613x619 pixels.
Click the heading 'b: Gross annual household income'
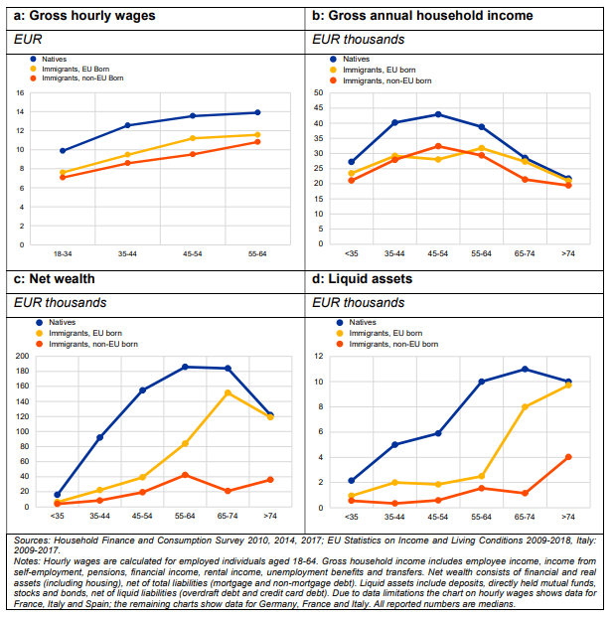tap(421, 16)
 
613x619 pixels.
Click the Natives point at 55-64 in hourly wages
tap(257, 112)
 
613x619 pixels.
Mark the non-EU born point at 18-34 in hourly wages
tap(63, 177)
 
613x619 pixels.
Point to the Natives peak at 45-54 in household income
tap(438, 114)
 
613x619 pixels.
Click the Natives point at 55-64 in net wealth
tap(185, 367)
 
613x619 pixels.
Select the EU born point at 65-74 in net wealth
tap(228, 392)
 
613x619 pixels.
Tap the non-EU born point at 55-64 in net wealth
tap(185, 475)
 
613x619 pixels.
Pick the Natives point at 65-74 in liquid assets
tap(525, 370)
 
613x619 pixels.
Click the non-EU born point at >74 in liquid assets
tap(568, 457)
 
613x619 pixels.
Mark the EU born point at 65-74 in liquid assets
tap(525, 406)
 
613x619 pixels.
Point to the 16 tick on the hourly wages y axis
tap(19, 93)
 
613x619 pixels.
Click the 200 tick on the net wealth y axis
tap(23, 356)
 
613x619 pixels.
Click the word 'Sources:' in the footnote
tap(39, 541)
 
